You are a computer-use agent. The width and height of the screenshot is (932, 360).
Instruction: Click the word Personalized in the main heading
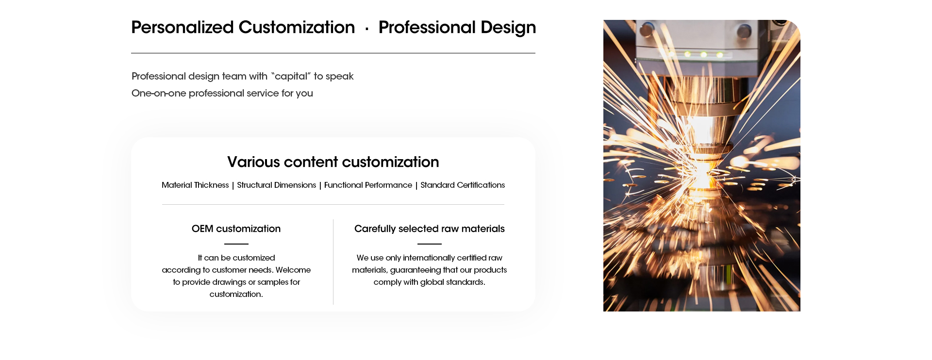click(x=183, y=28)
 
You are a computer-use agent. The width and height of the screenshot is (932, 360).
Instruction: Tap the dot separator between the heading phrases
click(x=367, y=29)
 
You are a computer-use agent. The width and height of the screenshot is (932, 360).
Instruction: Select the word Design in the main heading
click(x=508, y=28)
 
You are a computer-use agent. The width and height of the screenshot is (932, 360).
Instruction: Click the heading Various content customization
click(x=333, y=162)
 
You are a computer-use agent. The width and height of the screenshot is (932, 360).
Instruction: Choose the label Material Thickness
click(x=195, y=185)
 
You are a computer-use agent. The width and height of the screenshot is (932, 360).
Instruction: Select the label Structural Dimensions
click(x=276, y=185)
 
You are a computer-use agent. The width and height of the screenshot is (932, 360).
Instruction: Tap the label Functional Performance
click(x=368, y=185)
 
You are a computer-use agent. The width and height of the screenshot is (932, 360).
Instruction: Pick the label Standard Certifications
click(x=463, y=185)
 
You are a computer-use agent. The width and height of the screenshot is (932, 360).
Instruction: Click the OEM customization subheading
click(x=236, y=229)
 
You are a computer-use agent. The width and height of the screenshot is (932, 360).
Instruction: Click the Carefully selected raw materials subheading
click(x=430, y=229)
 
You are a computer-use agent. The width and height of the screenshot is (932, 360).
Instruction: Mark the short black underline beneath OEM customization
click(x=236, y=244)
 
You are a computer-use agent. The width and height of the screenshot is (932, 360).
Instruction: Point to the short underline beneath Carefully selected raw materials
click(x=430, y=244)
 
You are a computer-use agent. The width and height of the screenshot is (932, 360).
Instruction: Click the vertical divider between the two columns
click(x=333, y=262)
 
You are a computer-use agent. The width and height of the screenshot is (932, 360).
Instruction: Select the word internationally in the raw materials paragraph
click(x=429, y=258)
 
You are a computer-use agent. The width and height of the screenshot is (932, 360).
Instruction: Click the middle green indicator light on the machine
click(x=703, y=54)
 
